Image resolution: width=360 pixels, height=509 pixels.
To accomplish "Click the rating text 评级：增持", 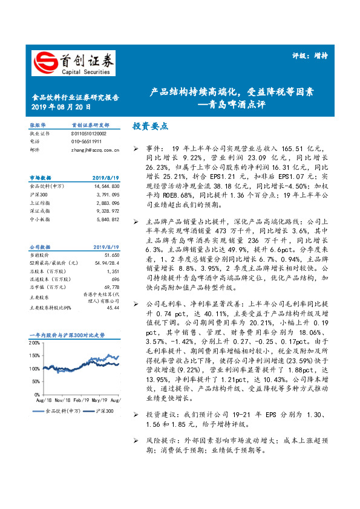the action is coord(314,56).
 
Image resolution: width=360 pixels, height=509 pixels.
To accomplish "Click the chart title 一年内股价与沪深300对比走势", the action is coord(67,334).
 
